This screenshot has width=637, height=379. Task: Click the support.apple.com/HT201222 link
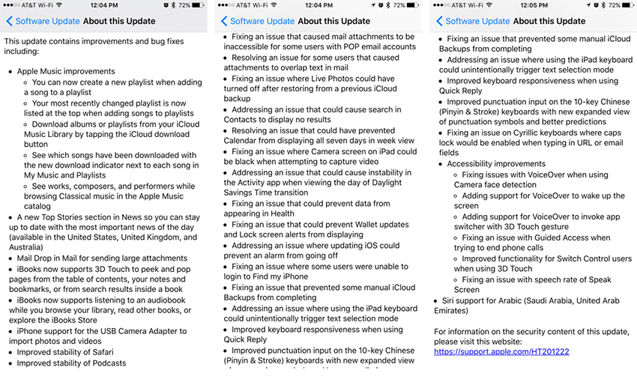click(501, 351)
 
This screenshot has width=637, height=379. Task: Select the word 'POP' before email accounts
click(333, 46)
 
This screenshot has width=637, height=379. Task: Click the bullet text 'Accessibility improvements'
click(496, 164)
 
